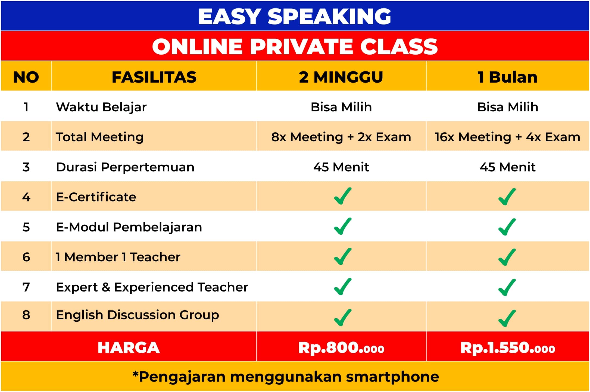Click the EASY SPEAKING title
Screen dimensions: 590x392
(295, 16)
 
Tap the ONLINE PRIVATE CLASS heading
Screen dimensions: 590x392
(295, 46)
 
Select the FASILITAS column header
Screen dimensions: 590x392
(154, 77)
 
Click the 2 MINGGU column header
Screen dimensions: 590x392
(341, 77)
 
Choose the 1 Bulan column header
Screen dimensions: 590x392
(507, 77)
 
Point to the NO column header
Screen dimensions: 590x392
(26, 77)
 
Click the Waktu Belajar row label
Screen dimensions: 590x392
(101, 107)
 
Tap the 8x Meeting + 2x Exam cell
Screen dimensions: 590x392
(341, 137)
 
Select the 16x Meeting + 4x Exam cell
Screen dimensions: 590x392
(507, 137)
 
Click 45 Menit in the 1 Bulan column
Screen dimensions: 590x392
(507, 167)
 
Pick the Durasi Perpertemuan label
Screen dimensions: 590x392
(125, 167)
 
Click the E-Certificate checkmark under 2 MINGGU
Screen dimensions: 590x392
(342, 196)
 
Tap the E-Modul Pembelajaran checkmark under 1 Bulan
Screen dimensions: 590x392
(507, 227)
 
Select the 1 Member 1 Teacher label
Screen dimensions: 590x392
(118, 257)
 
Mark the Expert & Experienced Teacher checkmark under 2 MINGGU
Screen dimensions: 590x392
(342, 287)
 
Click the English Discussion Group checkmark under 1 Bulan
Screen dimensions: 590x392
(507, 318)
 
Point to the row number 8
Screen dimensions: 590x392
(26, 315)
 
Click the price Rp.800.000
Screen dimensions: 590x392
(341, 348)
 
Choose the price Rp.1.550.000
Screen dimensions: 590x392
(507, 348)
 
